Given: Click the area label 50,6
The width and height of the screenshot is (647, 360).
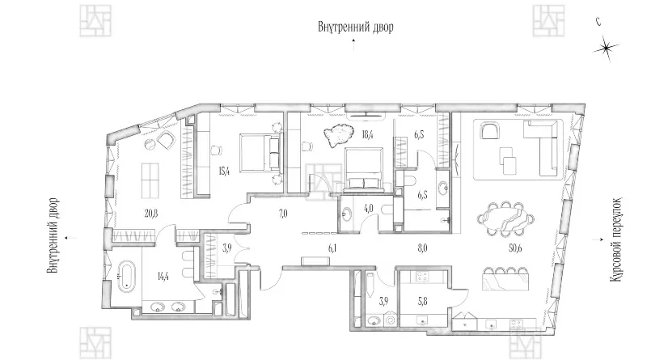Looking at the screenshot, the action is tap(515, 248).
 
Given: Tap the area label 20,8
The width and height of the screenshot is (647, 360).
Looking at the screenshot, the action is tap(151, 214).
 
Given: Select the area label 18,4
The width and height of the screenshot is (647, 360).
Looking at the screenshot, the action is tap(366, 134).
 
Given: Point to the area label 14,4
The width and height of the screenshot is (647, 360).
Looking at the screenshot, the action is tap(163, 276).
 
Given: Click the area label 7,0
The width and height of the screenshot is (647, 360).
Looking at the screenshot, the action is tap(283, 214).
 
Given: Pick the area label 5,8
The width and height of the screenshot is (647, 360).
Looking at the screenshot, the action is tap(422, 302).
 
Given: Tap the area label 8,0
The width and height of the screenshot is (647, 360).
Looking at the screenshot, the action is tap(422, 248).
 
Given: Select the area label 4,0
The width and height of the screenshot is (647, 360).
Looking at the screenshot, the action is tap(369, 209).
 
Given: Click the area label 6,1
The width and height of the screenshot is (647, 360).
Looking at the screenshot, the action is tap(332, 248).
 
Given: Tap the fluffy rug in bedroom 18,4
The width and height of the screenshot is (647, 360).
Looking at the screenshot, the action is tap(339, 135).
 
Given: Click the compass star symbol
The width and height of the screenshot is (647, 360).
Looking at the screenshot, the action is tap(606, 49).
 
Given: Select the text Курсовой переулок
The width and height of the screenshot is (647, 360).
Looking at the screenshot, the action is tap(615, 239).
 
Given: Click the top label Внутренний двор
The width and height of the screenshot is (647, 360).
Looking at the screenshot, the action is tap(355, 28).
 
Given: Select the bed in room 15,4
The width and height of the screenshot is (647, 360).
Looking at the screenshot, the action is tap(260, 152).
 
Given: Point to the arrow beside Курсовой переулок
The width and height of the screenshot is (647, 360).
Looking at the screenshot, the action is tap(595, 239).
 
